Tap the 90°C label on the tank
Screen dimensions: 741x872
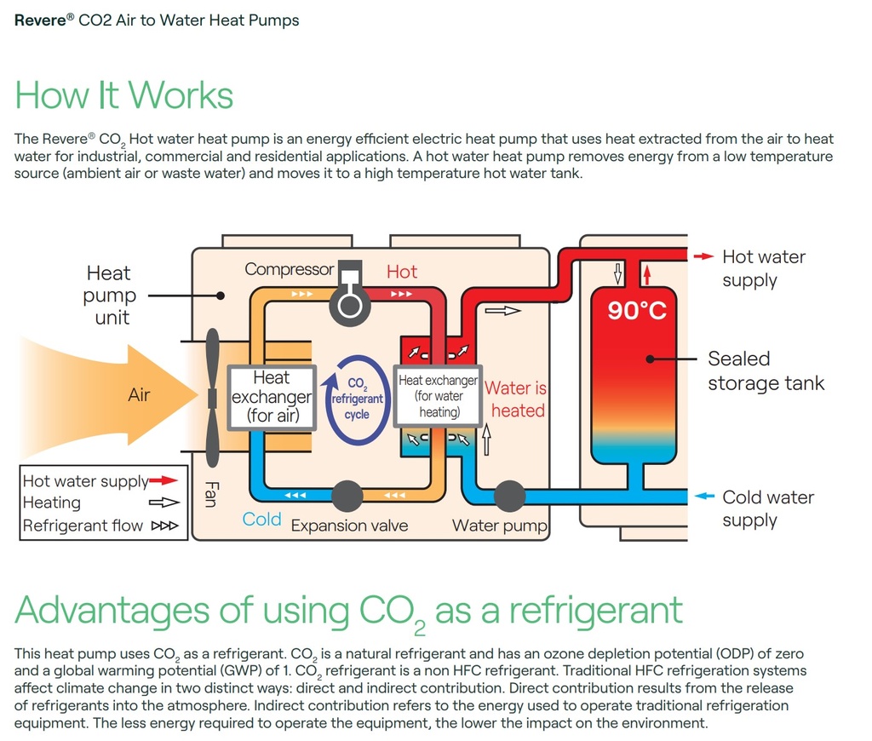point(637,311)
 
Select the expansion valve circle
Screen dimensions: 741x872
point(347,495)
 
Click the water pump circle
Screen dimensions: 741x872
point(509,495)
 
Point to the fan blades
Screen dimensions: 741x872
point(212,397)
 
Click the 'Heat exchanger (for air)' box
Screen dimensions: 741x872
point(272,396)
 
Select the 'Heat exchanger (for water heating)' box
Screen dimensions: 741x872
point(437,396)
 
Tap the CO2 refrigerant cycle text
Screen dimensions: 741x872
point(357,399)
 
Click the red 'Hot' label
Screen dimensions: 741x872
point(402,272)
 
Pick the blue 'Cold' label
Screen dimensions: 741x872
point(261,520)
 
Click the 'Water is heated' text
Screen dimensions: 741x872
point(516,399)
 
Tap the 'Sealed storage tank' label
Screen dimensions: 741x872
point(766,370)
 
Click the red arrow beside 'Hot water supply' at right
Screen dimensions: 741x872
point(704,256)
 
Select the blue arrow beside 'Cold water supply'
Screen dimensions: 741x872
point(704,497)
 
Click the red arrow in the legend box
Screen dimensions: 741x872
point(163,481)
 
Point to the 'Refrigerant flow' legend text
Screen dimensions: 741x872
point(83,526)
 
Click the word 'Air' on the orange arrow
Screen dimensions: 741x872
point(139,395)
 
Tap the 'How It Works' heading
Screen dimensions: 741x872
point(124,95)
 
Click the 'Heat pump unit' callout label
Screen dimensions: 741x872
point(110,296)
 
